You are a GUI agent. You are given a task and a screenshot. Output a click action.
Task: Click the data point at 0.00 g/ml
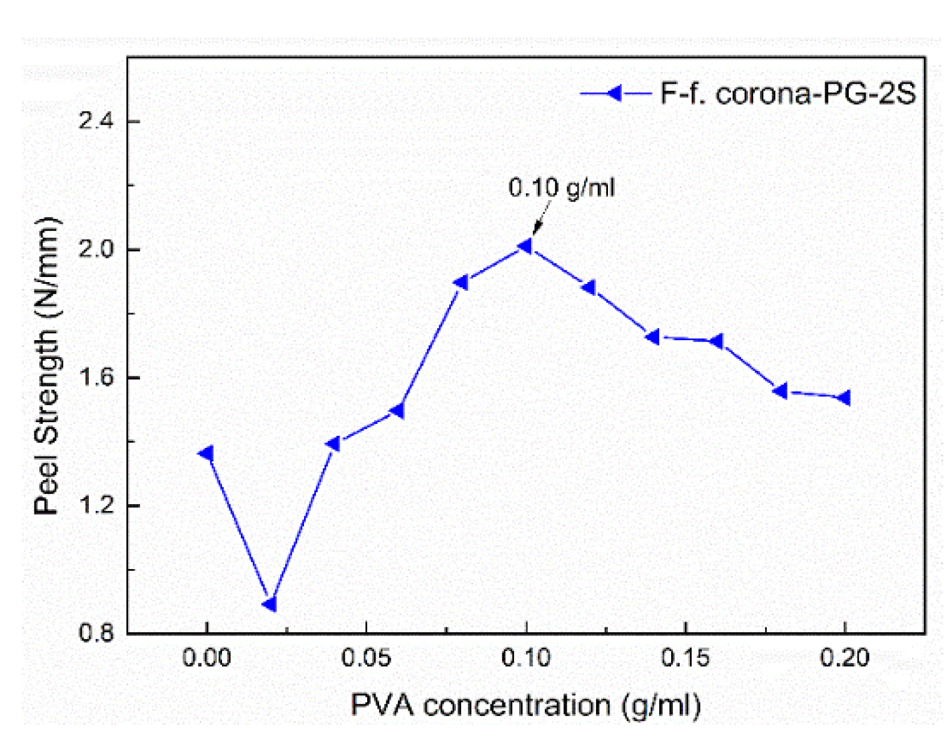pos(206,453)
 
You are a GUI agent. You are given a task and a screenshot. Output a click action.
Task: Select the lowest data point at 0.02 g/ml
pos(270,604)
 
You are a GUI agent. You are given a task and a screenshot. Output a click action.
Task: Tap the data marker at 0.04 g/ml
pos(334,444)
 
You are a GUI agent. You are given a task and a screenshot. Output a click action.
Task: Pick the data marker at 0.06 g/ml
pos(398,411)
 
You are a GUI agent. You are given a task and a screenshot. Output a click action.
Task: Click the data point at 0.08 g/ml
pos(462,283)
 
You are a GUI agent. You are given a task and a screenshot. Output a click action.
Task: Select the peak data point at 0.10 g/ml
pos(525,246)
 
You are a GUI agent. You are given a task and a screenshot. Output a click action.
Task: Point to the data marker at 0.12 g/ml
pos(589,288)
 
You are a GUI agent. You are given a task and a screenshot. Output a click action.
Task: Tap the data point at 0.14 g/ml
pos(653,337)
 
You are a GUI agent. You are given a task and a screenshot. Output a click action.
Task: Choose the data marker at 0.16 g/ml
pos(717,341)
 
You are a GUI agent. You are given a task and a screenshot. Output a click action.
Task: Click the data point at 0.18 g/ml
pos(781,391)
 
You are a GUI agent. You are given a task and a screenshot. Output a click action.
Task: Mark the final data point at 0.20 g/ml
pos(844,398)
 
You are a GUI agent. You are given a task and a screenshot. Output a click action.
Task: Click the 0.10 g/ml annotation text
pos(561,188)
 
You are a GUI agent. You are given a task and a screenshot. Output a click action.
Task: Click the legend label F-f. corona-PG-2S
pos(787,94)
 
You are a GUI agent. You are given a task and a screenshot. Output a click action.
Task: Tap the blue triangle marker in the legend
pos(615,94)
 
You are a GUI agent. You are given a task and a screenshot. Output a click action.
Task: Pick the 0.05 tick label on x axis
pos(366,658)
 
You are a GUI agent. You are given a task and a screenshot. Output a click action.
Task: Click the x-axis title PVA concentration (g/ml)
pos(525,705)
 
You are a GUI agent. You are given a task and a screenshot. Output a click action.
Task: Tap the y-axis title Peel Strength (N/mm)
pos(46,366)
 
